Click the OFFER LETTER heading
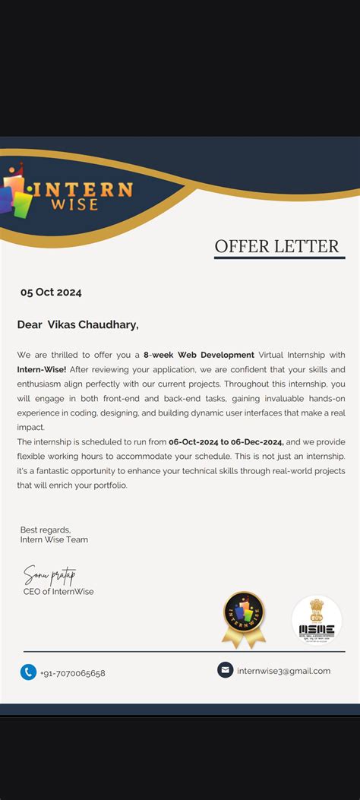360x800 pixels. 276,246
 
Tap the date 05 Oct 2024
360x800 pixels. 51,292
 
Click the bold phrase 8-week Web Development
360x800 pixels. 199,355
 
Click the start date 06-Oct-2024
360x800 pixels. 194,441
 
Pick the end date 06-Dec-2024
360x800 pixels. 257,441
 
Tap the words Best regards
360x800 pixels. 45,530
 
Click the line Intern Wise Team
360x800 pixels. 54,540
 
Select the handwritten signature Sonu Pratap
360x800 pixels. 49,574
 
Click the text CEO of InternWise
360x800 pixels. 58,592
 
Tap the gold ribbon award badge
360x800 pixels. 244,619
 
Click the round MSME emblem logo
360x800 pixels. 317,620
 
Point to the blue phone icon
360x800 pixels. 29,672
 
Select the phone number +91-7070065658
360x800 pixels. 73,673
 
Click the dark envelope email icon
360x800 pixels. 225,670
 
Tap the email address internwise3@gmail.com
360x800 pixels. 283,671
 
